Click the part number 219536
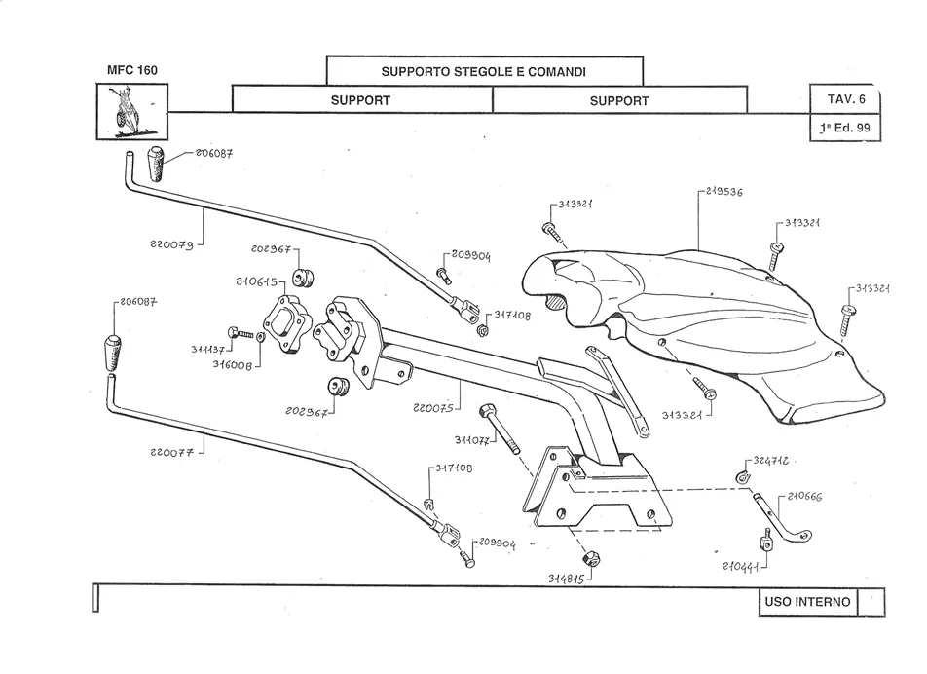(x=722, y=193)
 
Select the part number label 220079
(x=171, y=244)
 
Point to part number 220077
(x=172, y=452)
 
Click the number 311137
(x=209, y=348)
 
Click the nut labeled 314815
(x=590, y=559)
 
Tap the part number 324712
(x=771, y=459)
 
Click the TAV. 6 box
(x=846, y=100)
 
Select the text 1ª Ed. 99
(x=845, y=128)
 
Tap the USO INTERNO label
(x=807, y=602)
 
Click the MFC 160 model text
(x=131, y=70)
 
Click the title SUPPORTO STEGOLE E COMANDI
(x=484, y=72)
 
